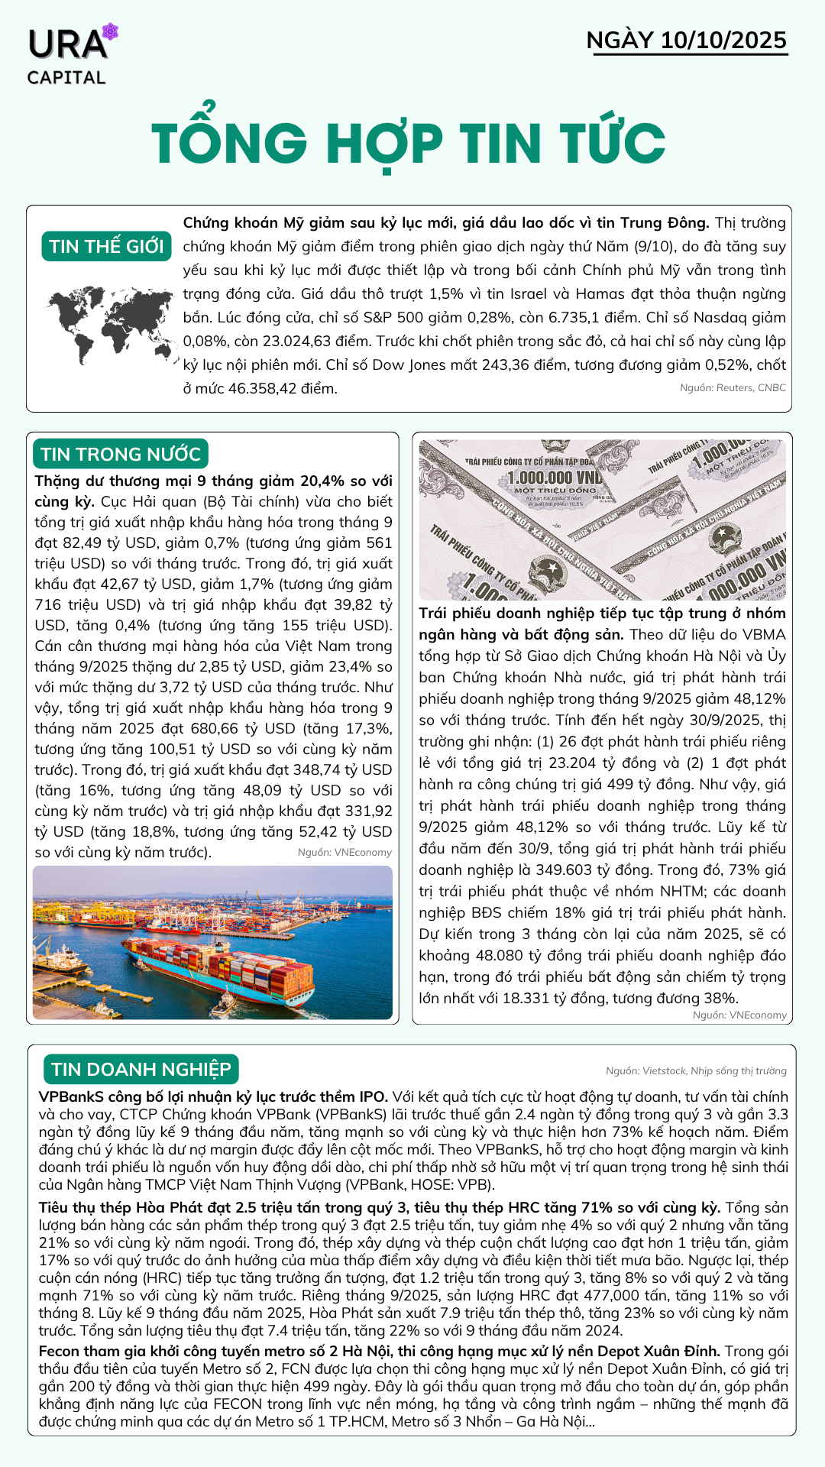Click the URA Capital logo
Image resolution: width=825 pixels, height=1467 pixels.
71,55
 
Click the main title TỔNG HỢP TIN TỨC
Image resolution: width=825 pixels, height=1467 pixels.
409,143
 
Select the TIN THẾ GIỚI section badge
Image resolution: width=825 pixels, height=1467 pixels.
106,247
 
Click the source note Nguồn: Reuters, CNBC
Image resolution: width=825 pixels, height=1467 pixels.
733,388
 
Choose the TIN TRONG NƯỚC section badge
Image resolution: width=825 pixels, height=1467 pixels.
121,455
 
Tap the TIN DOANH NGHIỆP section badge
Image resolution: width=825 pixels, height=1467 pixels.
141,1069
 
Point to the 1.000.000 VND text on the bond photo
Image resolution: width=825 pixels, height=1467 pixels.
555,478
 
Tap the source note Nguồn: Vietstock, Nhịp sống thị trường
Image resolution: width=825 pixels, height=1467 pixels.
696,1071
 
